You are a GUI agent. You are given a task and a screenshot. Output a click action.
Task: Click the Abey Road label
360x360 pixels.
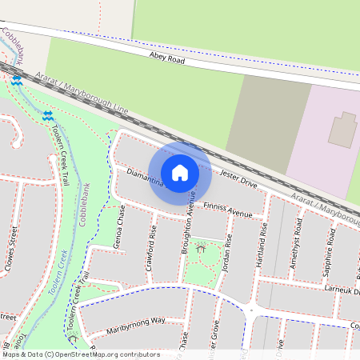pyautogui.click(x=167, y=58)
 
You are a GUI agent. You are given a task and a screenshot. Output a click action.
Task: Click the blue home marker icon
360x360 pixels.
pyautogui.click(x=180, y=173)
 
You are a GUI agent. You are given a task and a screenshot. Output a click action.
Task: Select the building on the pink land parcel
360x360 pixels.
pyautogui.click(x=343, y=129)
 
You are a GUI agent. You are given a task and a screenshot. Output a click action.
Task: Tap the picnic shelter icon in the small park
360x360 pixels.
pyautogui.click(x=200, y=250)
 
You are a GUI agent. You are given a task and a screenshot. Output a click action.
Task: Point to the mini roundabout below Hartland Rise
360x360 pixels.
pyautogui.click(x=251, y=308)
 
